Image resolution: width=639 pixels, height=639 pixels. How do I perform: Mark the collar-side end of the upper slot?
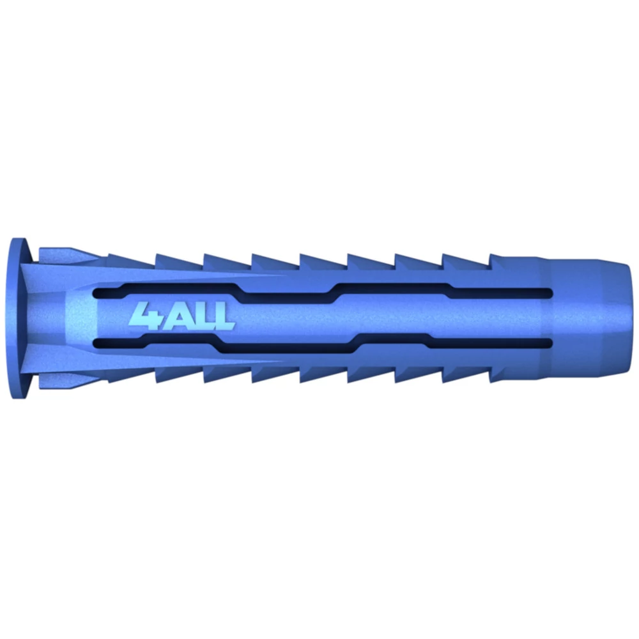pyautogui.click(x=96, y=293)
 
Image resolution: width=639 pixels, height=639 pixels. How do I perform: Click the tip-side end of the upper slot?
pyautogui.click(x=550, y=293)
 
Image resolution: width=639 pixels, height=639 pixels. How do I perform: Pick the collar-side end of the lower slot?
pyautogui.click(x=96, y=344)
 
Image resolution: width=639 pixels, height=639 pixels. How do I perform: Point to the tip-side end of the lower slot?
pyautogui.click(x=550, y=343)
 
